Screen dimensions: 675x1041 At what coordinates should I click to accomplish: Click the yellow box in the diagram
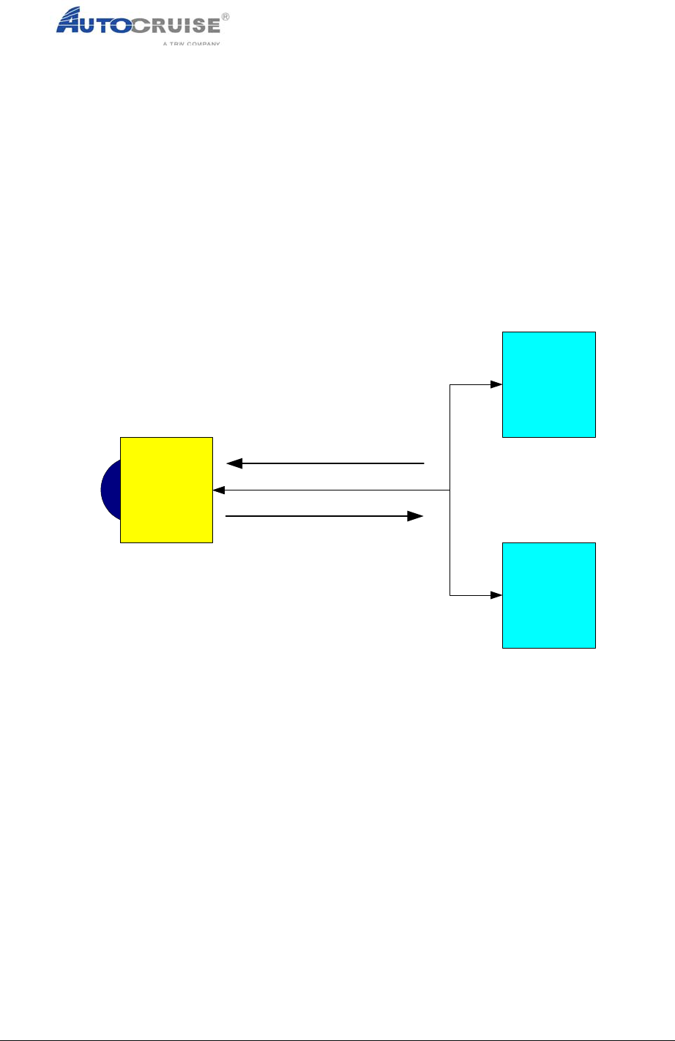166,490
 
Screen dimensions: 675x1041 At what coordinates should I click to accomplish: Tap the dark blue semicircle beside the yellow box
111,490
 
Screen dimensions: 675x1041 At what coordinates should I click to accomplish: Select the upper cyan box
548,384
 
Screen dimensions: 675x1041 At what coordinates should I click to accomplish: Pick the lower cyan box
548,595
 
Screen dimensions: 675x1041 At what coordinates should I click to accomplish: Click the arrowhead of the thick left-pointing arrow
234,463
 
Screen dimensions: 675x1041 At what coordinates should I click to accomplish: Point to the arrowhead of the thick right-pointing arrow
416,516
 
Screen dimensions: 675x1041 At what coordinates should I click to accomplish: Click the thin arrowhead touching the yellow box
217,490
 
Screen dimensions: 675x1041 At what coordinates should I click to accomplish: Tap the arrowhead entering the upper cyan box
496,384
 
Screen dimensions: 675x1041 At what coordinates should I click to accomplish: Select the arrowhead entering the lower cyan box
496,595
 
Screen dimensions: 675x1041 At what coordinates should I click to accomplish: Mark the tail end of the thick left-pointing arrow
423,463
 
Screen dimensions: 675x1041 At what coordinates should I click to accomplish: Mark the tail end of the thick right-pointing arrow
227,516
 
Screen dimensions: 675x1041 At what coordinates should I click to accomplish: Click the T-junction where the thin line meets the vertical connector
450,490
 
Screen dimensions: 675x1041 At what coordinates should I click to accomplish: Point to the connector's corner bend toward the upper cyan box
450,384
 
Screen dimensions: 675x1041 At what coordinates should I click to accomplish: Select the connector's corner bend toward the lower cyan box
450,595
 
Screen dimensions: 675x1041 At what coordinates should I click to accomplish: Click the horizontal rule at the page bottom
337,1018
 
